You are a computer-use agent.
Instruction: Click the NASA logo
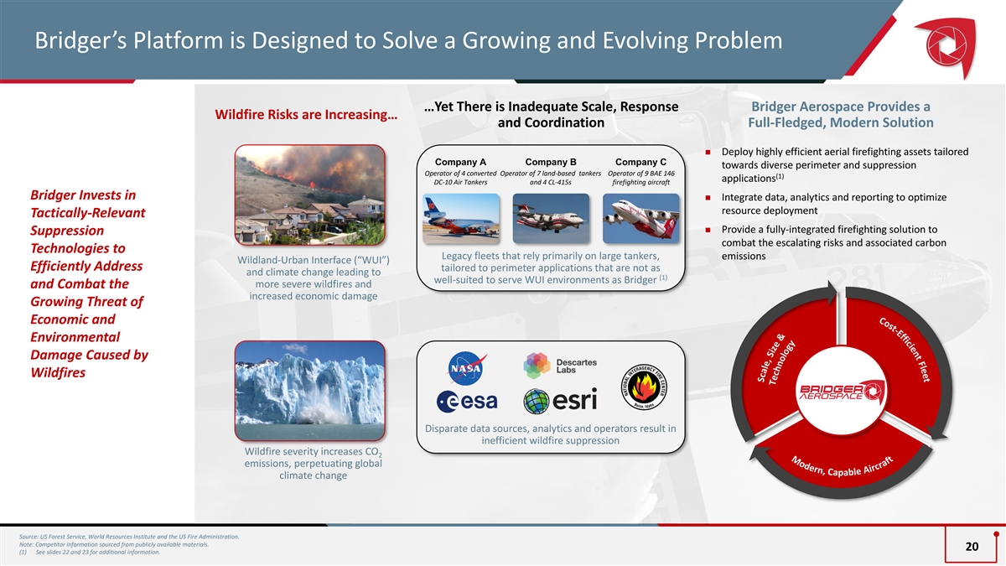(467, 368)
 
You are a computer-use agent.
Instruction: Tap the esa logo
(467, 401)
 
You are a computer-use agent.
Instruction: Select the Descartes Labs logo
(560, 366)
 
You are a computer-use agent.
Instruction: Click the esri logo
(560, 401)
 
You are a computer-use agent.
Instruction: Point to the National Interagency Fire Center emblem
(644, 387)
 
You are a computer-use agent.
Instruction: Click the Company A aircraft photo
(461, 218)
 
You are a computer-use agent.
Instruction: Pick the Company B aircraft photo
(551, 218)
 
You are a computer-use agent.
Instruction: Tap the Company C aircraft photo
(640, 218)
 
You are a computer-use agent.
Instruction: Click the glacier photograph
(310, 391)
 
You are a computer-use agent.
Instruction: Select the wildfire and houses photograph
(310, 195)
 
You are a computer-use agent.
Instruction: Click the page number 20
(972, 546)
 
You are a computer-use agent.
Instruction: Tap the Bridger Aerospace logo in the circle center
(842, 392)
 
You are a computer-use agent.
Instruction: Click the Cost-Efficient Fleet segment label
(904, 350)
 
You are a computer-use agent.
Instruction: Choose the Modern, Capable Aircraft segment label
(842, 467)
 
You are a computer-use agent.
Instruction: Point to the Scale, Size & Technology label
(776, 359)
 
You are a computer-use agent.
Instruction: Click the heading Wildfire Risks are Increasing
(306, 115)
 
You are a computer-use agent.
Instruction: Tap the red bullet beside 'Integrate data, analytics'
(708, 197)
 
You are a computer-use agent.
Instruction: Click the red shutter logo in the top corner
(947, 46)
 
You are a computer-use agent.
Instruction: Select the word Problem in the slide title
(739, 40)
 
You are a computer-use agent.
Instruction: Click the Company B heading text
(551, 162)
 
